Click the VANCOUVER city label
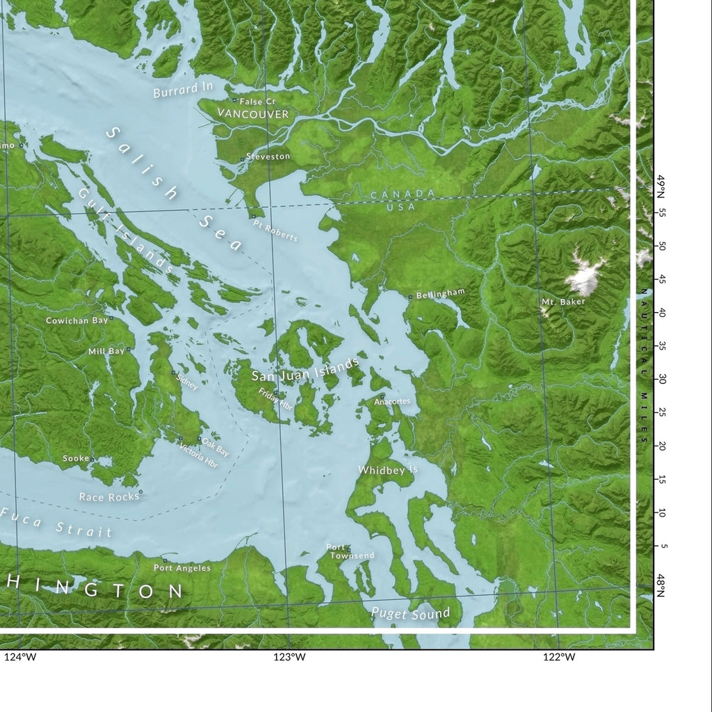click(x=252, y=113)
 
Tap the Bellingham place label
click(x=439, y=294)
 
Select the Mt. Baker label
click(x=563, y=302)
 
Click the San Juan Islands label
click(x=305, y=370)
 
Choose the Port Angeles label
click(x=182, y=568)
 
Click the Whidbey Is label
click(x=388, y=471)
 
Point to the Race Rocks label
click(x=109, y=497)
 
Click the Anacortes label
click(x=392, y=401)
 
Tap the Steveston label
click(x=268, y=156)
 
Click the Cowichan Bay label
click(x=76, y=321)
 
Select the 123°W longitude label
click(x=289, y=657)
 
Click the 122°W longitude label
click(x=559, y=657)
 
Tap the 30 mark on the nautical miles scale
click(x=663, y=380)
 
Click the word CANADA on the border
click(x=403, y=194)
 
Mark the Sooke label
click(x=76, y=459)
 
